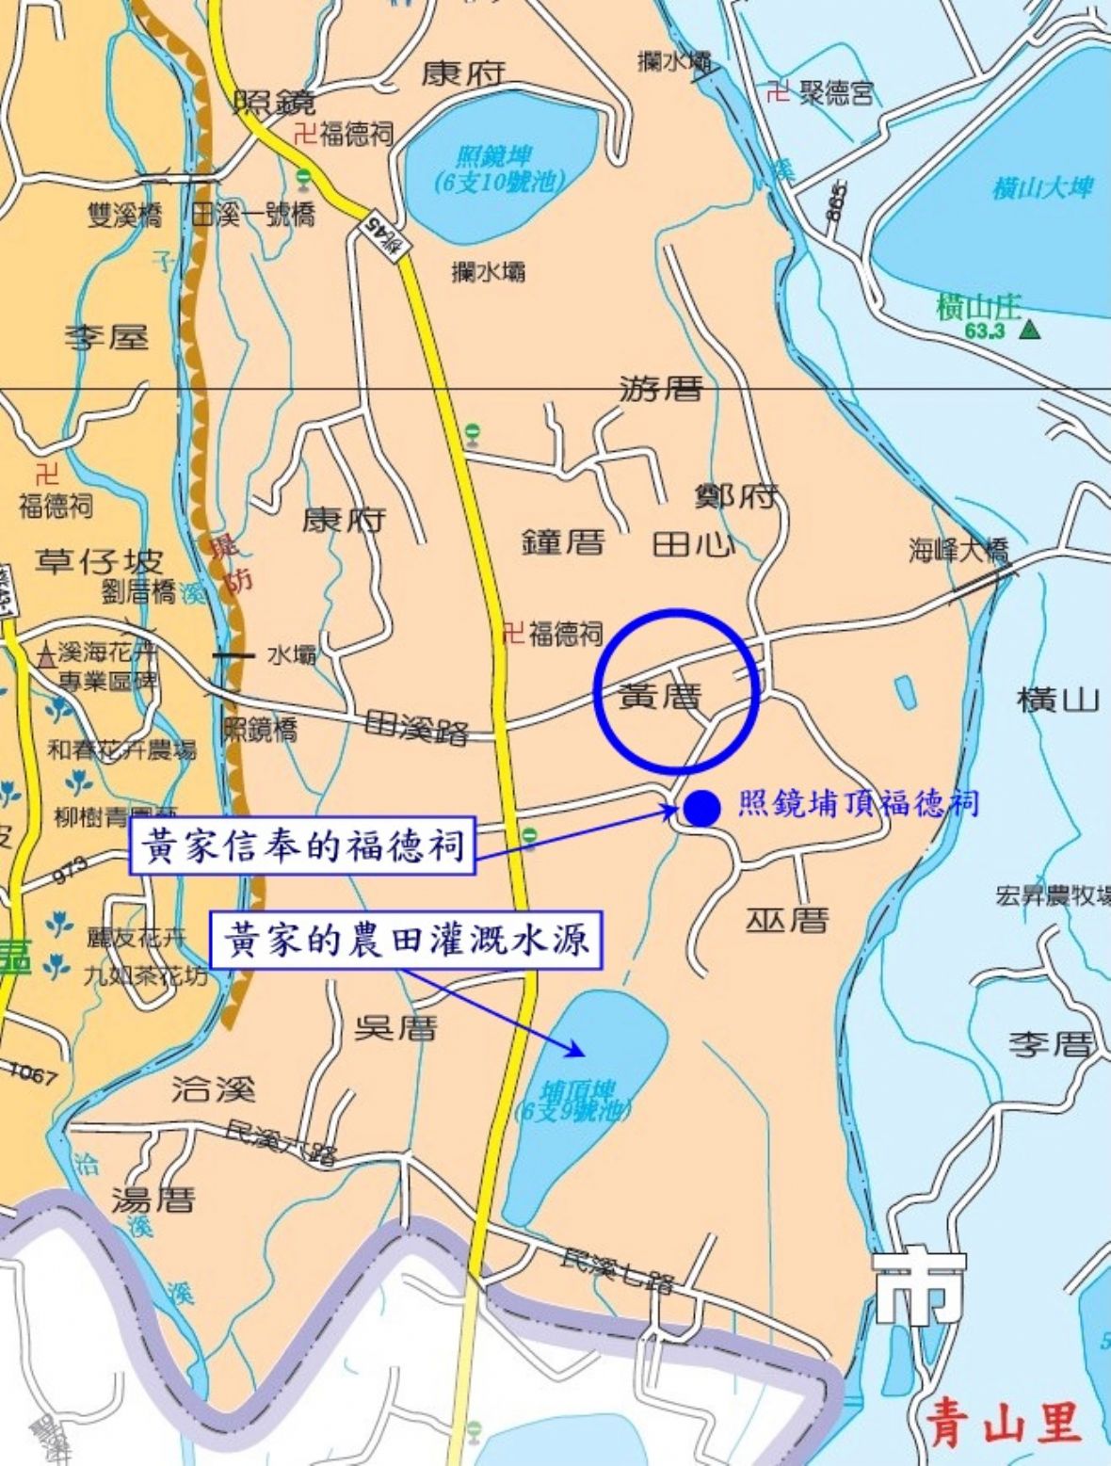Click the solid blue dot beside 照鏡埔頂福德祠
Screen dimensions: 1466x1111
[701, 807]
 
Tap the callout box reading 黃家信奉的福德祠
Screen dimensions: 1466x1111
[301, 846]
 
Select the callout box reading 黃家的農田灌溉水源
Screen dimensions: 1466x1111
[406, 940]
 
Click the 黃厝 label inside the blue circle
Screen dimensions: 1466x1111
[660, 697]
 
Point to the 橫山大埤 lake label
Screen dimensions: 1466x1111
[1043, 187]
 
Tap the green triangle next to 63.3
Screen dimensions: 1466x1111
[1031, 330]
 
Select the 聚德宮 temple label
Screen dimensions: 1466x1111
[836, 92]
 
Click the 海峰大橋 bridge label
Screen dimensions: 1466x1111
[958, 550]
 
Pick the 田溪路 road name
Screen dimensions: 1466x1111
[415, 726]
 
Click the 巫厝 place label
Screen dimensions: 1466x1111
[787, 919]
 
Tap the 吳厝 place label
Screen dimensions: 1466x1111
[395, 1028]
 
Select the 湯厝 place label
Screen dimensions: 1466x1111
[153, 1200]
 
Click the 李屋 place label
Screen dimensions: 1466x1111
[106, 336]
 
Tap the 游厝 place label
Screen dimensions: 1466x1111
[660, 388]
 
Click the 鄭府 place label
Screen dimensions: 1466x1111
[736, 495]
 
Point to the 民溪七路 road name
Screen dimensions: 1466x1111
[617, 1269]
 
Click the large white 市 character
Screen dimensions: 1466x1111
[918, 1288]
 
